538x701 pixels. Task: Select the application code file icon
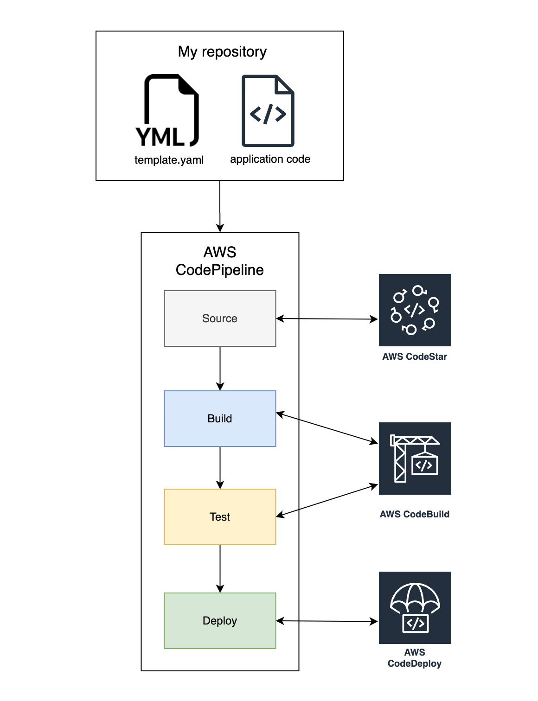point(268,111)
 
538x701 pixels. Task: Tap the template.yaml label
point(169,160)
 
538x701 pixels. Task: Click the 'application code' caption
point(270,159)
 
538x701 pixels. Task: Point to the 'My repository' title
point(222,51)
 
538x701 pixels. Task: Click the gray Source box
point(220,319)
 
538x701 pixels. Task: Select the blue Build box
point(220,419)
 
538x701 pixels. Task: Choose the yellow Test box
point(220,517)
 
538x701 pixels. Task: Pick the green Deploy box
point(220,621)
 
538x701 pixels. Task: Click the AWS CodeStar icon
point(415,310)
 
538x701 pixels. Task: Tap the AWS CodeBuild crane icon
point(415,459)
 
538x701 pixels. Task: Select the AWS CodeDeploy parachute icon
point(415,608)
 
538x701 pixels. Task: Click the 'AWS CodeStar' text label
point(415,357)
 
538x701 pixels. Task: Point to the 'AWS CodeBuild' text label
point(415,514)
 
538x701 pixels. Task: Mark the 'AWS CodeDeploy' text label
point(415,658)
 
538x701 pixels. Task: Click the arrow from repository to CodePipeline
point(220,206)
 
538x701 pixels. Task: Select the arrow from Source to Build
point(220,368)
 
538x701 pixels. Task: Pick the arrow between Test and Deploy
point(220,568)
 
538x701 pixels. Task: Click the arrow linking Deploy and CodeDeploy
point(327,621)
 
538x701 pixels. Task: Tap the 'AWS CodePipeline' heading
point(220,261)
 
